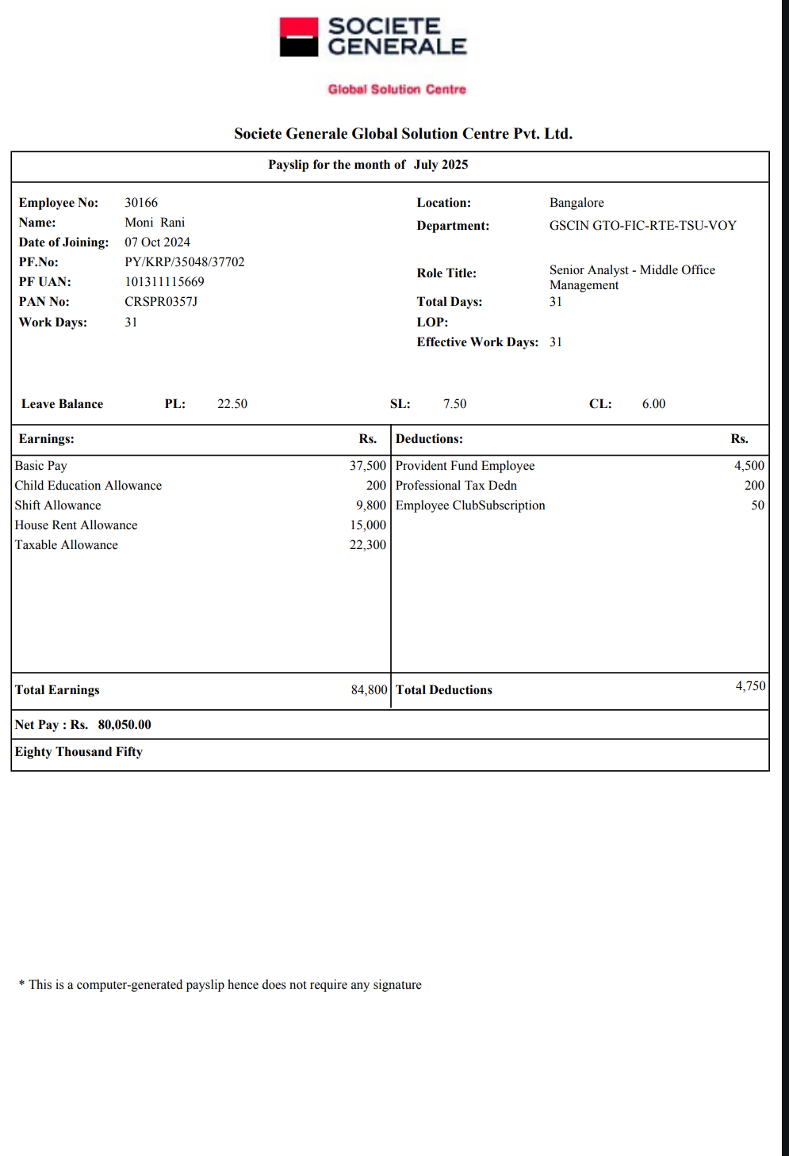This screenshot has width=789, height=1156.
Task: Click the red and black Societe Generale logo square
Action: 299,37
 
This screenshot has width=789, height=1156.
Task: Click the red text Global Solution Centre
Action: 396,90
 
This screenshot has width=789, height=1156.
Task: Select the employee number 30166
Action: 141,203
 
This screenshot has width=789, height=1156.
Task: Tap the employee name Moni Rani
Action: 155,223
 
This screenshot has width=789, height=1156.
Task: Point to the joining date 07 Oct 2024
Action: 157,242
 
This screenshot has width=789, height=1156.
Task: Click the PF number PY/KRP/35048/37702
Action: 184,262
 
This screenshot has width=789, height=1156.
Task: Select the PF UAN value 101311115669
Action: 164,282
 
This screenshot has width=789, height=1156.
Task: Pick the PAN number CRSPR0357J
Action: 161,302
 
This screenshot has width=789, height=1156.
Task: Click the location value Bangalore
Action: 576,203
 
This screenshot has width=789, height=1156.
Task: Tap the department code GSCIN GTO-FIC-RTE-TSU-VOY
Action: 642,226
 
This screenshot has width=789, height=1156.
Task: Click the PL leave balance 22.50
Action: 232,404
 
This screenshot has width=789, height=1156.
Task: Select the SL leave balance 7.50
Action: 454,404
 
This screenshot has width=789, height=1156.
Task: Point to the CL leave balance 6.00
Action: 653,404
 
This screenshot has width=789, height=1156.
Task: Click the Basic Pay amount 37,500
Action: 368,466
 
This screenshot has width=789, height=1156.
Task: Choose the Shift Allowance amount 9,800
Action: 371,506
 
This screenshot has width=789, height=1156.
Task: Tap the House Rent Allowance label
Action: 76,525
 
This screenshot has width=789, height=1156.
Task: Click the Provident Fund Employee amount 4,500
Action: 749,466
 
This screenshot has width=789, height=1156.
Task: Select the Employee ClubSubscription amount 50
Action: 757,506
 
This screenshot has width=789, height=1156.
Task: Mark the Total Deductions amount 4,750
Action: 750,686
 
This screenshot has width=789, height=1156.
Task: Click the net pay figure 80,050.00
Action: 124,725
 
